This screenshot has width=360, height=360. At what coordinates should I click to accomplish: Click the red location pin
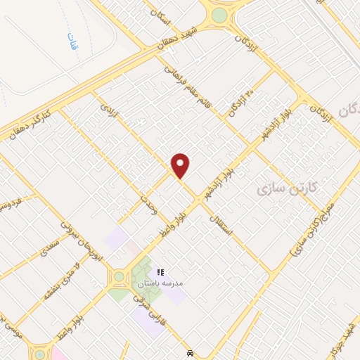(x=181, y=165)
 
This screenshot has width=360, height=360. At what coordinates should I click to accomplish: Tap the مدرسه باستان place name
(x=160, y=283)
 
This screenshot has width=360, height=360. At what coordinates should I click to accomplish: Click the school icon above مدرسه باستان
(x=160, y=271)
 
